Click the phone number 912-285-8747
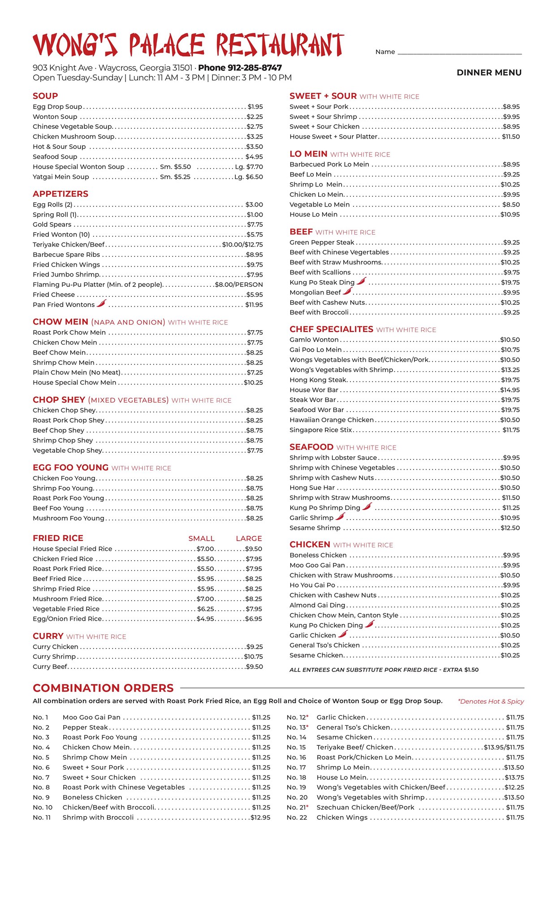pyautogui.click(x=240, y=68)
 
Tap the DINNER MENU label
pyautogui.click(x=489, y=73)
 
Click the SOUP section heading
pyautogui.click(x=45, y=96)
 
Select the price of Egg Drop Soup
pyautogui.click(x=255, y=107)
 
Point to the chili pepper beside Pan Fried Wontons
pyautogui.click(x=102, y=303)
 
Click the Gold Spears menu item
pyautogui.click(x=52, y=225)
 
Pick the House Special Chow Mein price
pyautogui.click(x=253, y=382)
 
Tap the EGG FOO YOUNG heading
pyautogui.click(x=70, y=468)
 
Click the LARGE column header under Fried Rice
pyautogui.click(x=249, y=538)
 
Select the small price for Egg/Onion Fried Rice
pyautogui.click(x=206, y=619)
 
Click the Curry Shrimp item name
pyautogui.click(x=54, y=657)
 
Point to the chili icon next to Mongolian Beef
pyautogui.click(x=347, y=291)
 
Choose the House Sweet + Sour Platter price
pyautogui.click(x=511, y=137)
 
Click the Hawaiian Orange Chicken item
pyautogui.click(x=332, y=420)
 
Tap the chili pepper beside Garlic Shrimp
pyautogui.click(x=341, y=517)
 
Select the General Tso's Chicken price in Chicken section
pyautogui.click(x=510, y=645)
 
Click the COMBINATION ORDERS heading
pyautogui.click(x=103, y=688)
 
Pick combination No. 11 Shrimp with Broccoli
pyautogui.click(x=98, y=817)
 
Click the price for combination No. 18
pyautogui.click(x=514, y=777)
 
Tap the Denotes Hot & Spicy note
pyautogui.click(x=491, y=701)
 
